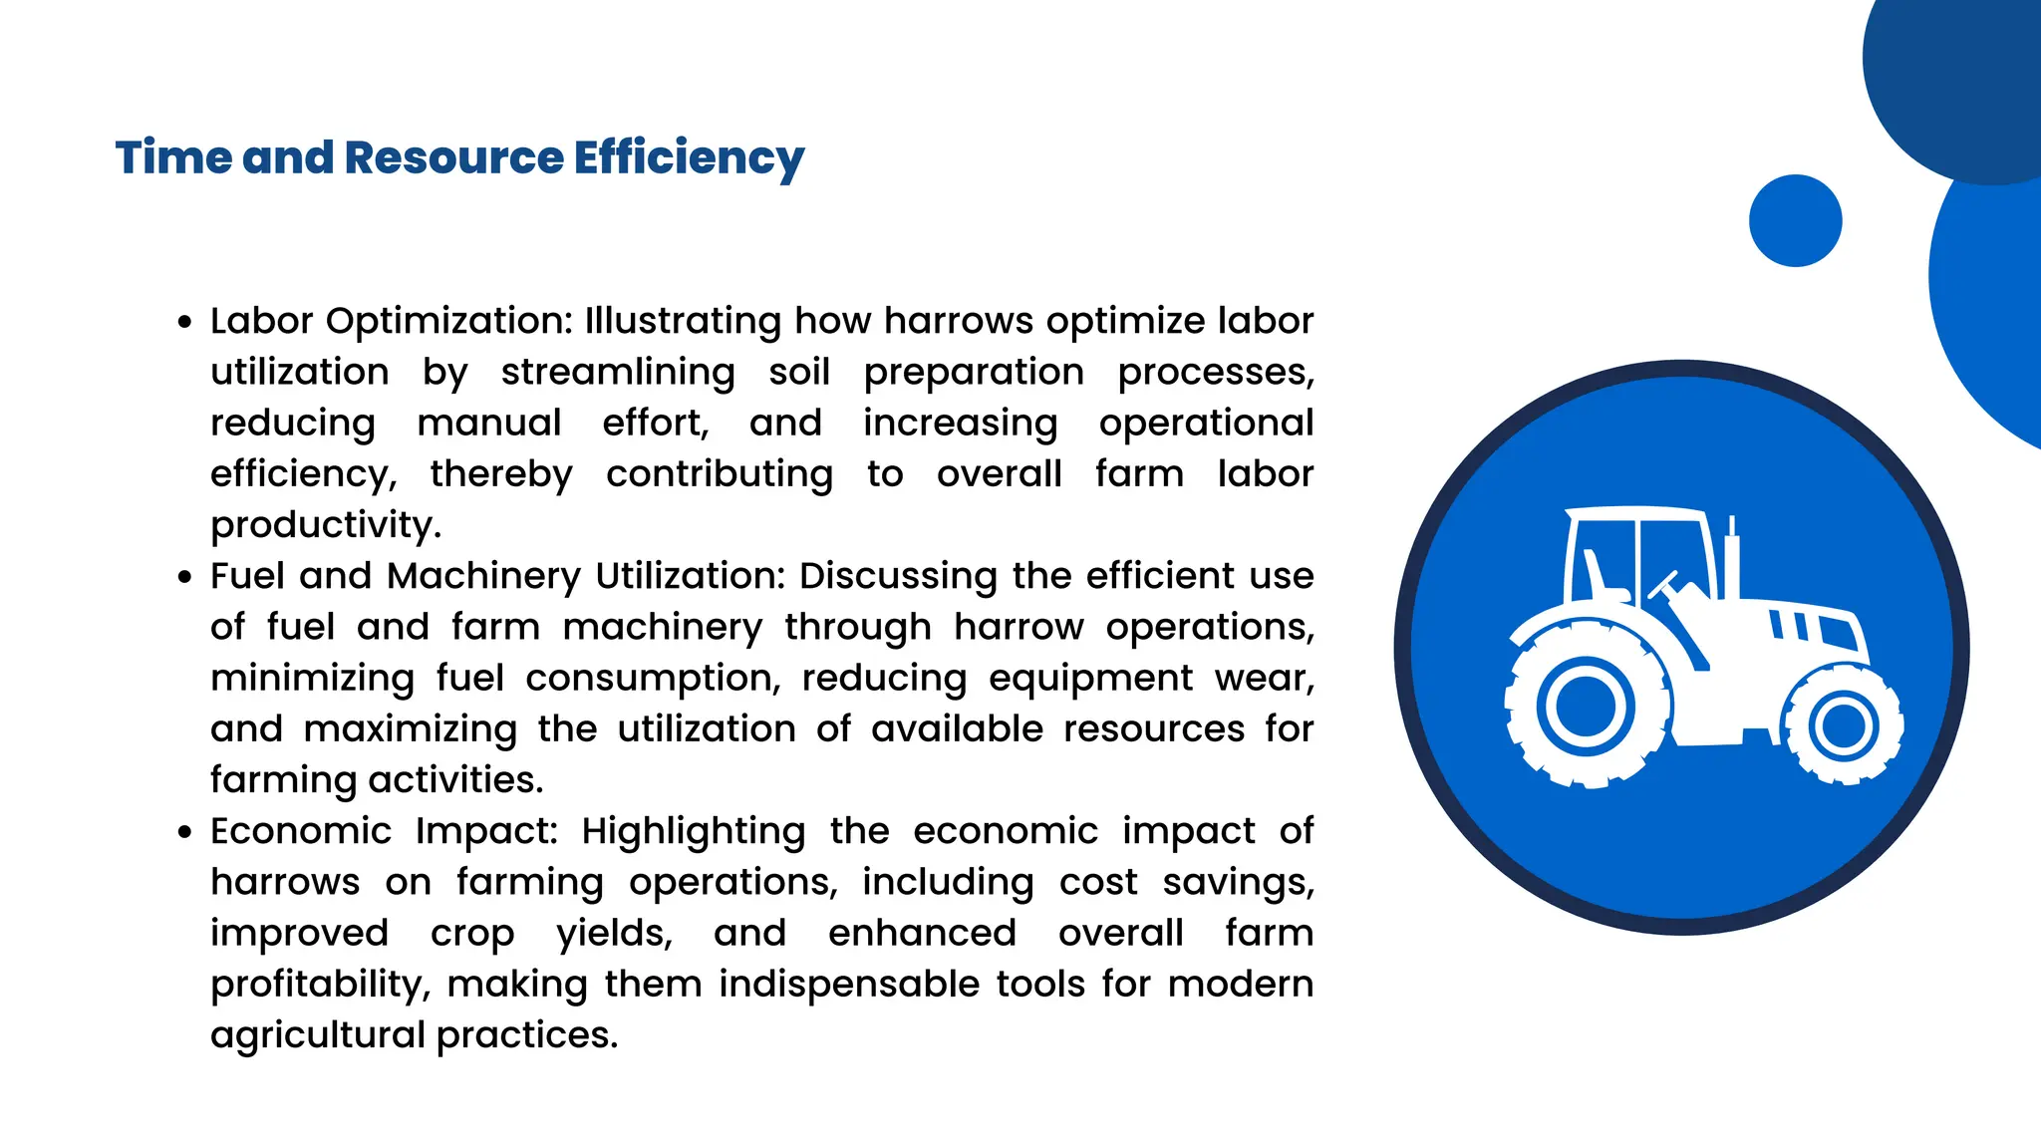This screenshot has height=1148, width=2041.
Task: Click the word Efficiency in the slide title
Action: pos(688,158)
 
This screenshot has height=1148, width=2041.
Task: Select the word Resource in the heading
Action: pos(453,158)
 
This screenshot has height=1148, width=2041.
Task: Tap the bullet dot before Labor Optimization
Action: pos(184,322)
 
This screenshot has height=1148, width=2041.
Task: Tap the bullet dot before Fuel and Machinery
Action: pos(184,577)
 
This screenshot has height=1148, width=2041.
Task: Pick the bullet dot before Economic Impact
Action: pos(184,832)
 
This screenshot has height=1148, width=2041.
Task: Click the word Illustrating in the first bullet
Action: pos(683,322)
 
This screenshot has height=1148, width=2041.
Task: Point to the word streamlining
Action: pos(618,373)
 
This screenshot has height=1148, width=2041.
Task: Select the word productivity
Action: pos(326,525)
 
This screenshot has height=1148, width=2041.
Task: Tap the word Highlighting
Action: pos(694,832)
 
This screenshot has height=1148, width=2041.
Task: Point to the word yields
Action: pos(614,934)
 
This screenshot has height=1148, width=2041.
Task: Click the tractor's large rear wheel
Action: pos(1586,707)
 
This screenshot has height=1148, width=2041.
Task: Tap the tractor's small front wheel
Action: pos(1843,725)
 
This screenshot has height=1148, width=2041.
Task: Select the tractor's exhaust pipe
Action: pos(1732,558)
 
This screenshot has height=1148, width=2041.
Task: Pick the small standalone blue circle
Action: pos(1795,220)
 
